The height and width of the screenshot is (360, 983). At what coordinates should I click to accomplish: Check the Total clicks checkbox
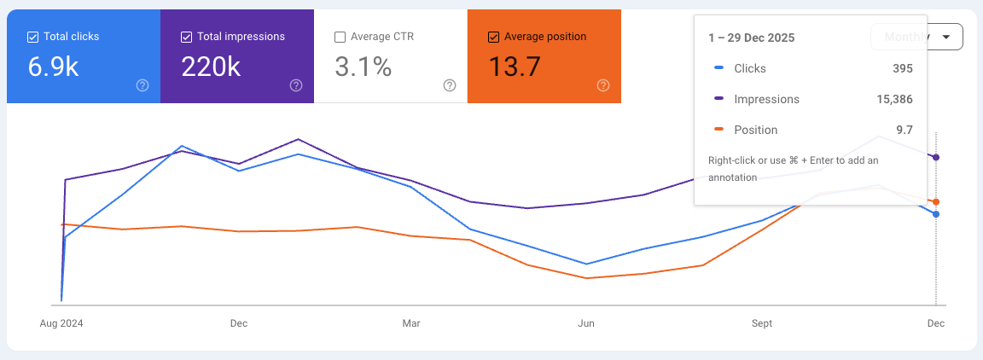click(x=32, y=37)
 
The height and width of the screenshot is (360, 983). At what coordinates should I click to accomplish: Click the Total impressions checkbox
click(x=186, y=37)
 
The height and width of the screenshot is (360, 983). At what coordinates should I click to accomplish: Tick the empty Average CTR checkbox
click(x=340, y=37)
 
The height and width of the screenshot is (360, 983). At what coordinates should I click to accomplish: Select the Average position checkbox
click(x=493, y=37)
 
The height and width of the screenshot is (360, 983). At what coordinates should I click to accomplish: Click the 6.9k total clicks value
click(x=53, y=67)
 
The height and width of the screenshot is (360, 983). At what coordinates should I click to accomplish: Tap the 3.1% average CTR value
click(x=363, y=67)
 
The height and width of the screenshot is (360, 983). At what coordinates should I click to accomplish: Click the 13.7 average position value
click(x=514, y=67)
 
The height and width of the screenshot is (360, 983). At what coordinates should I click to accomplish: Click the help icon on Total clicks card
click(x=143, y=85)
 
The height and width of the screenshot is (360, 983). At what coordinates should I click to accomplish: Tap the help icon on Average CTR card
click(x=450, y=85)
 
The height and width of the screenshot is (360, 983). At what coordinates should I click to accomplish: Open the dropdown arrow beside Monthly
click(x=945, y=37)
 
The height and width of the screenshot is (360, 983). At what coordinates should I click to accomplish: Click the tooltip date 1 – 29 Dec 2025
click(x=751, y=38)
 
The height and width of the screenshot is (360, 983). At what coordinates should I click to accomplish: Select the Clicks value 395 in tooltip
click(x=903, y=68)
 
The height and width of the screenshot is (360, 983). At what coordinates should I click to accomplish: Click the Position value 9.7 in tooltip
click(x=904, y=130)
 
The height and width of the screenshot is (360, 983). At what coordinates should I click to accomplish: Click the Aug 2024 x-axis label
click(x=61, y=323)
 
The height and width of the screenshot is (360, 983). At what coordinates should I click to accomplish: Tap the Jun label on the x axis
click(x=586, y=323)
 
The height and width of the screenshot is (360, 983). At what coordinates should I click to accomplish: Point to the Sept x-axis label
click(x=762, y=323)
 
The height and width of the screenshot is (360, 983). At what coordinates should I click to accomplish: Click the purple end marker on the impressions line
click(x=936, y=158)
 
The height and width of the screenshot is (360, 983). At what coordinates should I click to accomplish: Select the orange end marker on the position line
click(x=936, y=202)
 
